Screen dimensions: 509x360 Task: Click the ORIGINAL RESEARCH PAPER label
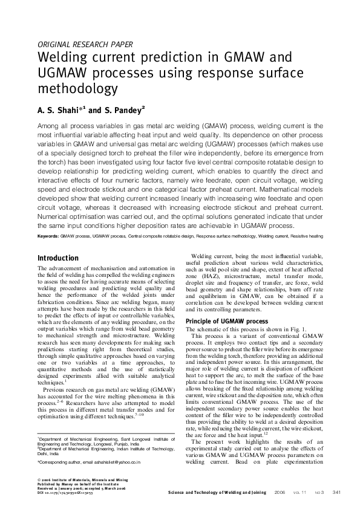click(x=85, y=44)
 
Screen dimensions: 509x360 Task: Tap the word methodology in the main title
click(x=77, y=89)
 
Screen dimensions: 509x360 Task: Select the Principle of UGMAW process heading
click(x=226, y=321)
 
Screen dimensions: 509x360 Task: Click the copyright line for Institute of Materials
click(x=81, y=478)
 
